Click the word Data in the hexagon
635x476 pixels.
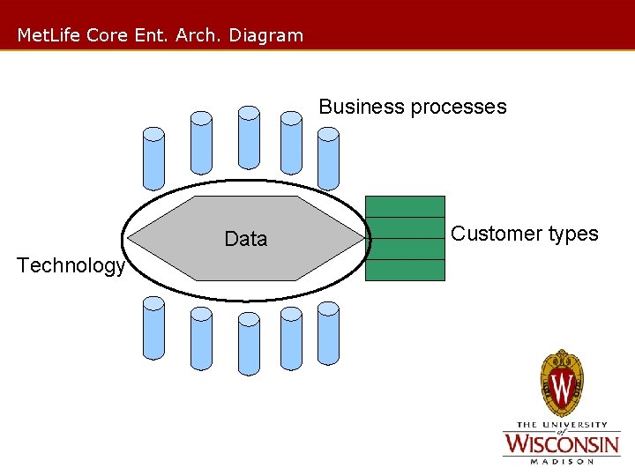[x=245, y=239]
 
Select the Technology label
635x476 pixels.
[x=71, y=265]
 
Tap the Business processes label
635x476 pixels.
[x=413, y=108]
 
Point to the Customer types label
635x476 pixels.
[x=525, y=234]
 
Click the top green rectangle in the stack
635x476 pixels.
[x=405, y=206]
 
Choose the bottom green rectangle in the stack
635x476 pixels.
[x=405, y=270]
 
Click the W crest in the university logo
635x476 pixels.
[x=562, y=383]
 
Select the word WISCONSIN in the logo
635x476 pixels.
[x=561, y=443]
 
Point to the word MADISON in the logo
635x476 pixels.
[x=561, y=460]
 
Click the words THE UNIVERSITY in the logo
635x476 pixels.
[x=561, y=425]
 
